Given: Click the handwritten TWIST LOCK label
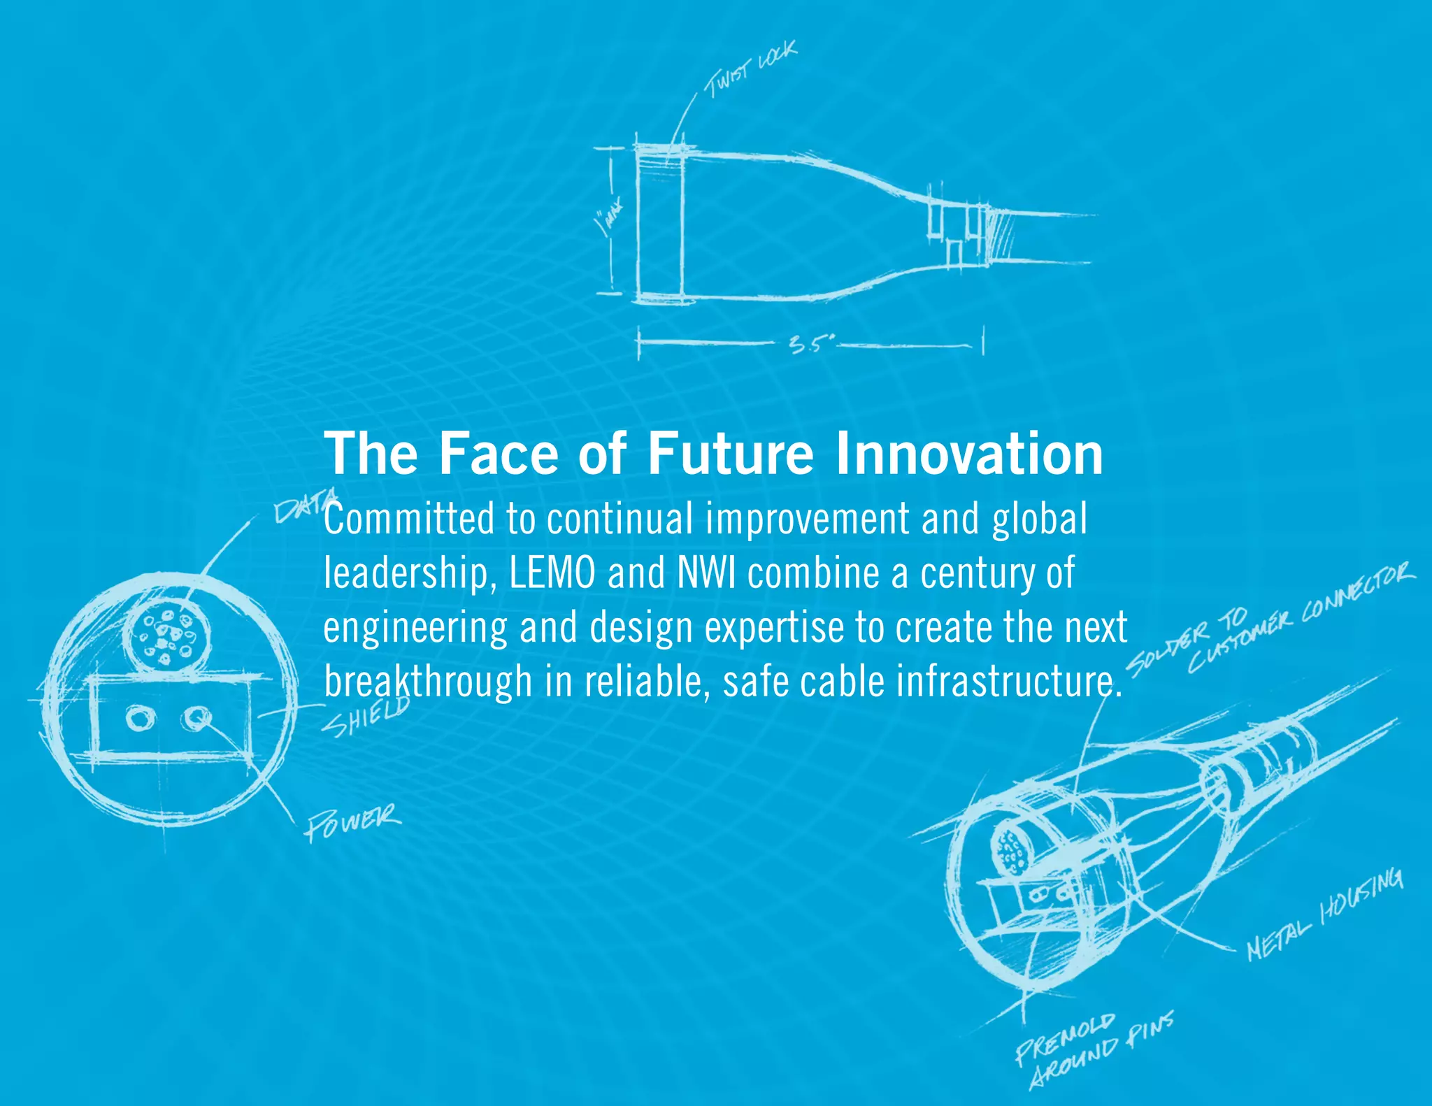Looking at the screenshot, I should (x=750, y=69).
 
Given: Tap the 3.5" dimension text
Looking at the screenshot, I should (x=811, y=344).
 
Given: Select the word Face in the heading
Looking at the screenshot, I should (x=499, y=454).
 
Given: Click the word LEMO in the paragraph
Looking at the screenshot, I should (x=552, y=573).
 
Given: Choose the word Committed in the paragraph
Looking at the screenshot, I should (x=410, y=519).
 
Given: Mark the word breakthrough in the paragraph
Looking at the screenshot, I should (x=428, y=682).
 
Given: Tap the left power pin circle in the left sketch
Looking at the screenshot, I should (x=141, y=719).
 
